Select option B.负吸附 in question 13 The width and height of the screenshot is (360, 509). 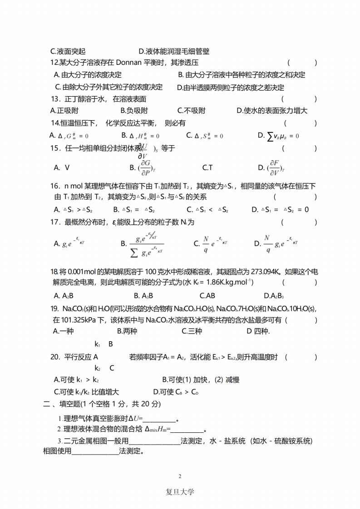click(134, 110)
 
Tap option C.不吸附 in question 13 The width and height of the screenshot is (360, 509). click(191, 110)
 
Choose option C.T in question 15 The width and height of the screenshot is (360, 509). click(207, 167)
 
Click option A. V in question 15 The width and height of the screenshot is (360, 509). click(62, 167)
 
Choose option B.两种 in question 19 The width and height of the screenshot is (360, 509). click(127, 331)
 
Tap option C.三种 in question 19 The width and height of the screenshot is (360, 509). click(192, 331)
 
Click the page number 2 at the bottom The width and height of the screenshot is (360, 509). click(180, 476)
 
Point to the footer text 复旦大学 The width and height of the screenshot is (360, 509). click(180, 492)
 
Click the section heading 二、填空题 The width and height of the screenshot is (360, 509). click(63, 404)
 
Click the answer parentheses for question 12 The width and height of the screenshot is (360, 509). click(302, 63)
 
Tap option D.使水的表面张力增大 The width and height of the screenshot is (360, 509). click(272, 110)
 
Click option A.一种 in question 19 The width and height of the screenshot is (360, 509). click(63, 331)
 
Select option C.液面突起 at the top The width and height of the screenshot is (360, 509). click(68, 52)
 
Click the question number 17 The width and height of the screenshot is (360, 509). click(55, 222)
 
